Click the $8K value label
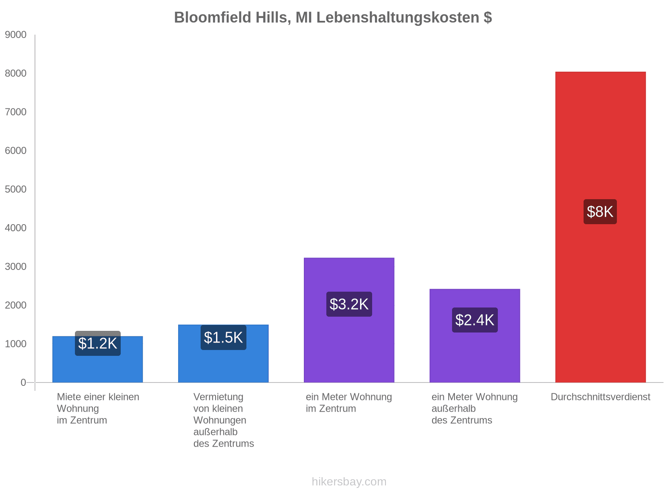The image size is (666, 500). coord(600,212)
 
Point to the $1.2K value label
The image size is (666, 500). coord(98,343)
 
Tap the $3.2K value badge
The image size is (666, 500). coord(349,304)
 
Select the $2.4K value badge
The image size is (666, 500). coord(475,320)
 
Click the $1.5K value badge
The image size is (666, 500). coord(223,337)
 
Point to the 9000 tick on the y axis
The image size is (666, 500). coord(16,35)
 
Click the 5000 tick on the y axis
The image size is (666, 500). coord(16,190)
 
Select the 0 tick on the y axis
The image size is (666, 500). coord(23,382)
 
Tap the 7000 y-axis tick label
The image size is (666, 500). coord(16,112)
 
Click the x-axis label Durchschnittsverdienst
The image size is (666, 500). coord(600,397)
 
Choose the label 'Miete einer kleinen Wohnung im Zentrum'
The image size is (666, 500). coord(98,408)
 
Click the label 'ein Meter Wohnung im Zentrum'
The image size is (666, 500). coord(349,402)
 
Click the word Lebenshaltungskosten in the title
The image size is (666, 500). coord(398,17)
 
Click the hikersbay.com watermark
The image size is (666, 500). coord(349,482)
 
